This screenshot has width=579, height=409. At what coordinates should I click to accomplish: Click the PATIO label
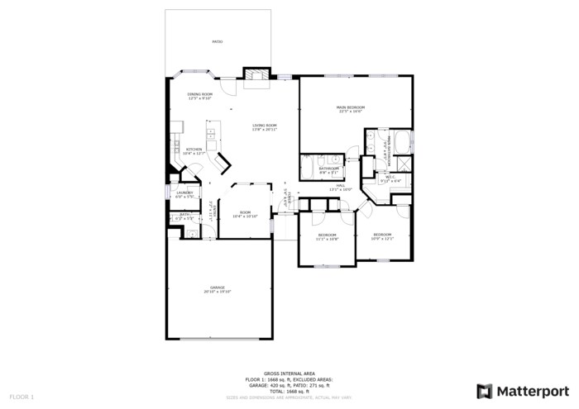(x=218, y=41)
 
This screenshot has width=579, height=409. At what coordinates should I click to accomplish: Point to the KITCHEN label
(x=194, y=151)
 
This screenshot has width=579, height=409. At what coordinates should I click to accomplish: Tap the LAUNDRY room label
(x=184, y=194)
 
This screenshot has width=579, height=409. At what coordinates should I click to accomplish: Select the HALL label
(x=340, y=188)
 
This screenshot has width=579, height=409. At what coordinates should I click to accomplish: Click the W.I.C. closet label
(x=390, y=178)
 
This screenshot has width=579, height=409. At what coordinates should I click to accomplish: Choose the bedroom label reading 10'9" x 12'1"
(x=382, y=236)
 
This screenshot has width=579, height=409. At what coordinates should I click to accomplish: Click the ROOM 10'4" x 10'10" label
(x=245, y=214)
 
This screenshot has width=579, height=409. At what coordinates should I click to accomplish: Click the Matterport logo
(x=523, y=391)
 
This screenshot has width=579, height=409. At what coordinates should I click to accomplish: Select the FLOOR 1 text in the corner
(x=22, y=397)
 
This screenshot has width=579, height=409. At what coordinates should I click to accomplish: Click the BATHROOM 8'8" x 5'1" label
(x=329, y=170)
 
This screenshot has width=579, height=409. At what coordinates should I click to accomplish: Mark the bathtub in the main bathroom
(x=403, y=142)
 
